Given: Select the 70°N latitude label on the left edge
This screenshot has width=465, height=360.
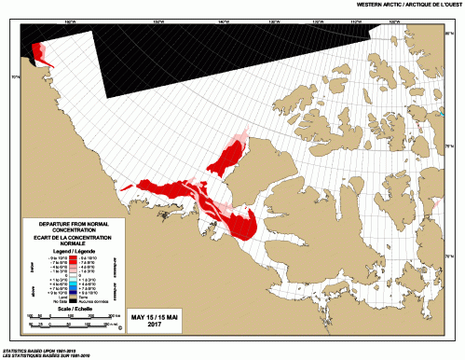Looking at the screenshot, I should (15, 77).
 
